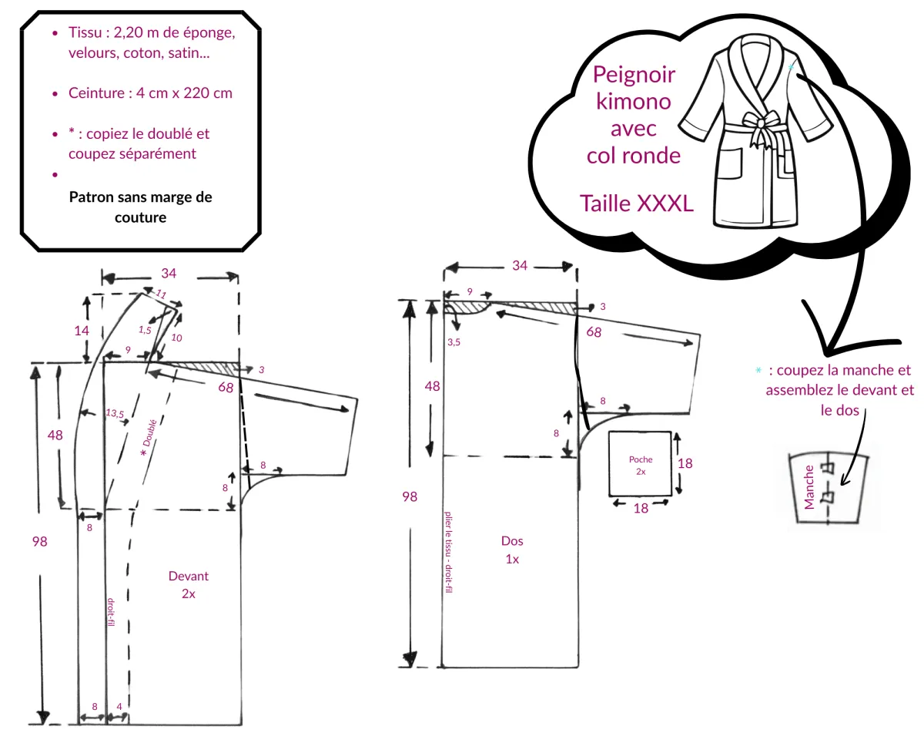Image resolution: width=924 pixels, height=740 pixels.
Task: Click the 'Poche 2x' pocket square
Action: (640, 464)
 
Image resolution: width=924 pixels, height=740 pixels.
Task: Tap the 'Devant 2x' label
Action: (188, 585)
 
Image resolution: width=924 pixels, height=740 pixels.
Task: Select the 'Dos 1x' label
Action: (512, 550)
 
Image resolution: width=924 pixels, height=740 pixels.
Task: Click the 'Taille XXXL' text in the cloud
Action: (636, 203)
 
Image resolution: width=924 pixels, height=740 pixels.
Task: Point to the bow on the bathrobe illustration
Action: (762, 125)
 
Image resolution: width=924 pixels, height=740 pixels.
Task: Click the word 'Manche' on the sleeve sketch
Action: (809, 487)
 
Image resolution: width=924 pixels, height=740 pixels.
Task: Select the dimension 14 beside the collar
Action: (82, 331)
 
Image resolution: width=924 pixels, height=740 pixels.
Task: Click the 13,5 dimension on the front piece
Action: (115, 413)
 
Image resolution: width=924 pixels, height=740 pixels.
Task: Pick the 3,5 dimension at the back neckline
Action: (454, 342)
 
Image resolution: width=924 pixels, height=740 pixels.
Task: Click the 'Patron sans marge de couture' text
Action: (140, 207)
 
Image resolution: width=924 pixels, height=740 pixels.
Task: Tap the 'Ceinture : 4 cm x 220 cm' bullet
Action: (150, 92)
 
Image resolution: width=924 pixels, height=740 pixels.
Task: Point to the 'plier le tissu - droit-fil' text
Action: (448, 552)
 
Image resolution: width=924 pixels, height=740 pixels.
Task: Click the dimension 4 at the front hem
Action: (119, 706)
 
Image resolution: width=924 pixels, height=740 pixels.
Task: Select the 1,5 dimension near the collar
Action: (145, 330)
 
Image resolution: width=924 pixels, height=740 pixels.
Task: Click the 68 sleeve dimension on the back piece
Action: (594, 332)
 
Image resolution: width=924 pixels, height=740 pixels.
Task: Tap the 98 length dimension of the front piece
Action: (39, 541)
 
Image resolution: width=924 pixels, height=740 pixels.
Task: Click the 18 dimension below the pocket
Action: (641, 509)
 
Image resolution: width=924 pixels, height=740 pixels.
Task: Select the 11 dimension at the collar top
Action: (161, 294)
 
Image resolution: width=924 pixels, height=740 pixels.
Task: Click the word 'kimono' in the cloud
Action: (633, 102)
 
